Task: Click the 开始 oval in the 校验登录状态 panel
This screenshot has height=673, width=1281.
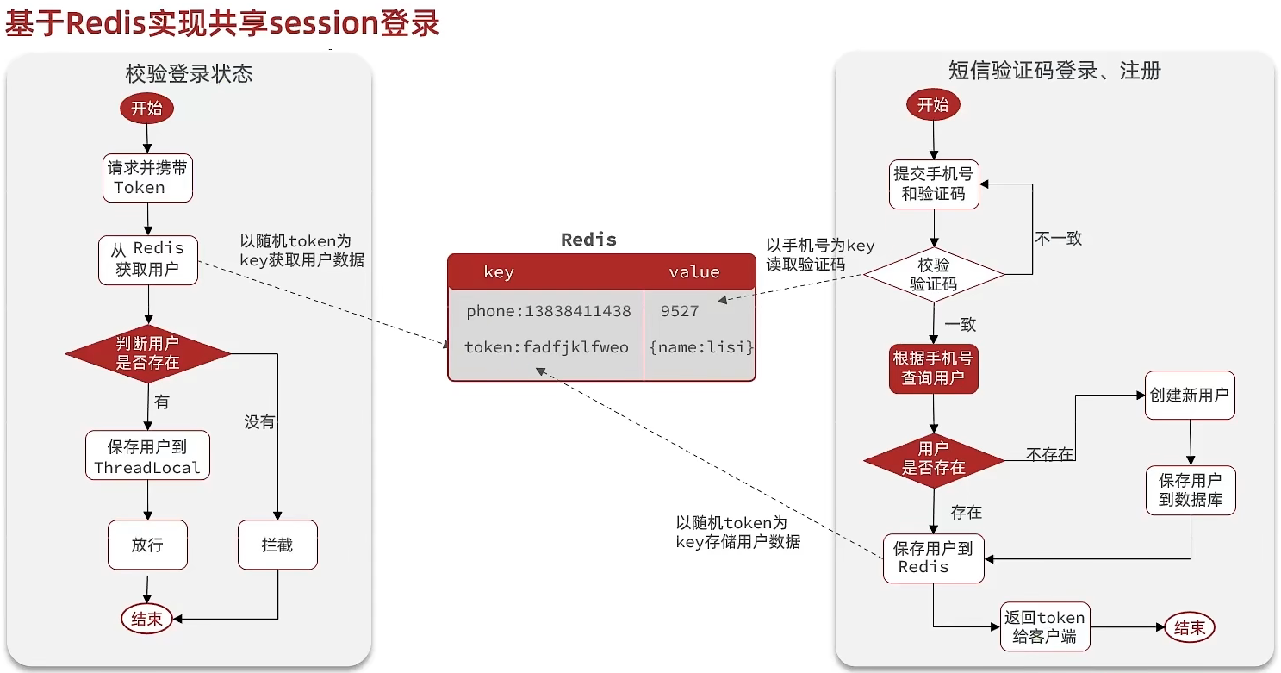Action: [x=146, y=109]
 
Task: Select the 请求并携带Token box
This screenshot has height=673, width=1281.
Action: [x=147, y=178]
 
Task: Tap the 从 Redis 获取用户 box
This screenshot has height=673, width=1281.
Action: [x=148, y=259]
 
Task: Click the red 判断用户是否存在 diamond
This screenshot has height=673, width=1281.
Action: [x=148, y=353]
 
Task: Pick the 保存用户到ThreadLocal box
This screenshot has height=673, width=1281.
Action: [x=147, y=456]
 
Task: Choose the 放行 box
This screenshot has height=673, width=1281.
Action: [x=147, y=545]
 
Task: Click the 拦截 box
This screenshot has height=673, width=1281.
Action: [x=277, y=545]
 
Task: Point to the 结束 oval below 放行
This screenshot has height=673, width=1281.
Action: [x=146, y=618]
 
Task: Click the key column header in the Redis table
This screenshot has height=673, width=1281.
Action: [x=499, y=272]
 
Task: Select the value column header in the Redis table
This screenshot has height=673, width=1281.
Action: [x=694, y=272]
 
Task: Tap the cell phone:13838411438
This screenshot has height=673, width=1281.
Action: [x=549, y=311]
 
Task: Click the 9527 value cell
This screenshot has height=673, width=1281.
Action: [x=680, y=311]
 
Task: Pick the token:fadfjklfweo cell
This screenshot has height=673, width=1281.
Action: [x=547, y=348]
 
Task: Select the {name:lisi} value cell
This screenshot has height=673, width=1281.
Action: [x=701, y=348]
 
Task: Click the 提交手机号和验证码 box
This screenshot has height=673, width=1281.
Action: [x=934, y=184]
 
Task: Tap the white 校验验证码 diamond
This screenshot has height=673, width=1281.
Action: [x=934, y=275]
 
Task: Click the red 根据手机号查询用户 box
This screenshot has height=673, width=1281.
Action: [x=934, y=369]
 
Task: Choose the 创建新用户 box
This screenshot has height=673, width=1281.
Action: [x=1190, y=396]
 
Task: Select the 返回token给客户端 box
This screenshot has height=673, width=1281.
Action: [x=1044, y=627]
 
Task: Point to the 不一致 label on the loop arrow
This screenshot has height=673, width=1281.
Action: [x=1059, y=239]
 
